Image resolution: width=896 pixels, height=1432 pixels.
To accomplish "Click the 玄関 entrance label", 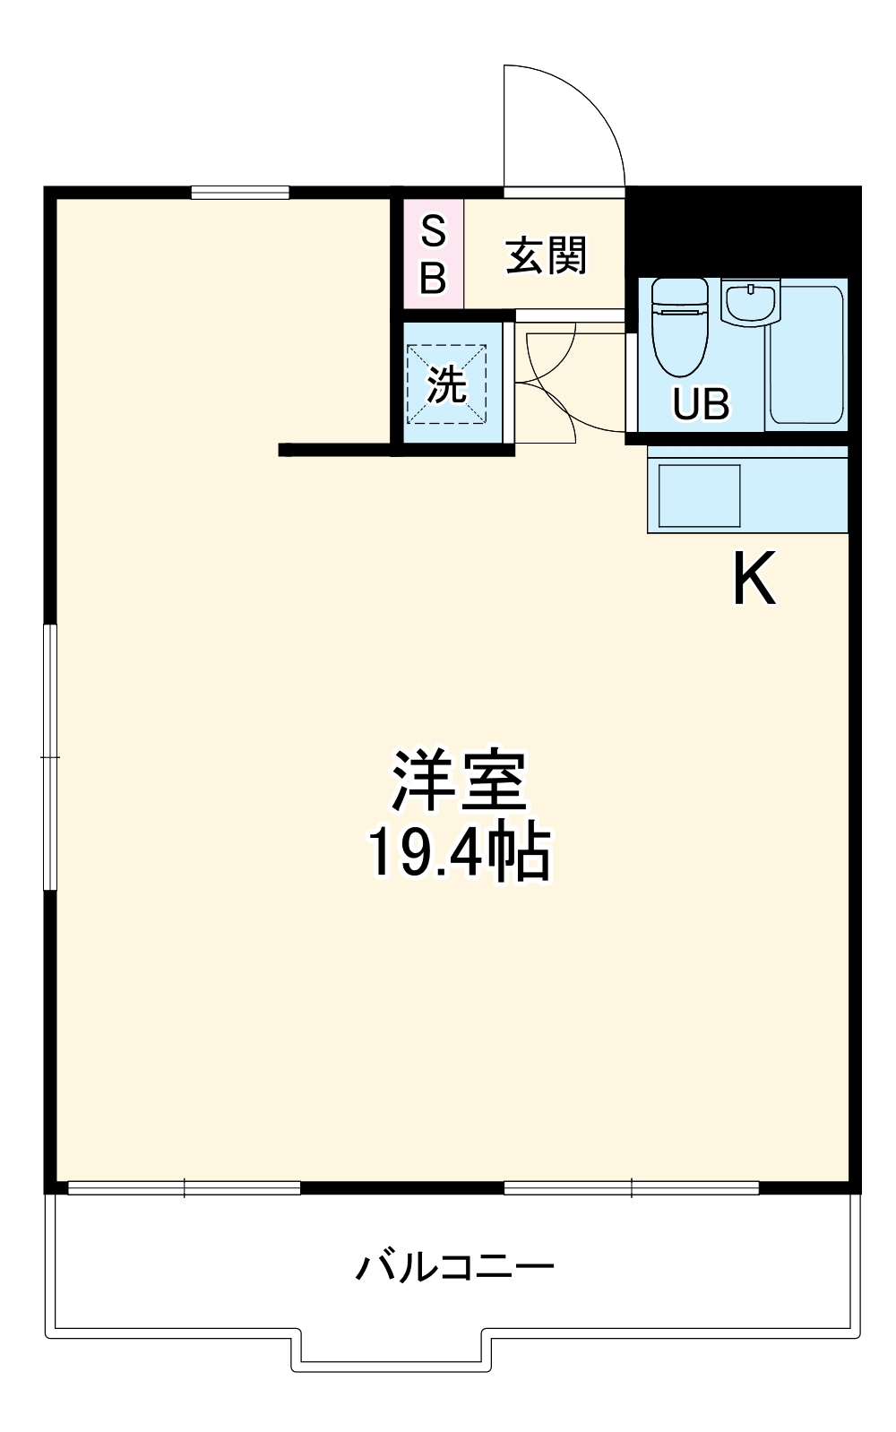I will tap(546, 256).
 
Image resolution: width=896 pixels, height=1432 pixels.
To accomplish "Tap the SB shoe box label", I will tap(433, 255).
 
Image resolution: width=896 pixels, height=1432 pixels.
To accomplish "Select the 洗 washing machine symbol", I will tap(446, 384).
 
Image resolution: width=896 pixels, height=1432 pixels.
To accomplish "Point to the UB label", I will tap(701, 404).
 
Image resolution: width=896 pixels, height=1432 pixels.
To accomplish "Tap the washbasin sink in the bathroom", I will tap(751, 302).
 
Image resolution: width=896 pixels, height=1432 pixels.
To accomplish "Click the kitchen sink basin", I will tap(700, 495).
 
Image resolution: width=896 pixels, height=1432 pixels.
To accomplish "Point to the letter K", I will tap(754, 581).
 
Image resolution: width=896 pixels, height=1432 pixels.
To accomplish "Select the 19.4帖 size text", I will tap(458, 852).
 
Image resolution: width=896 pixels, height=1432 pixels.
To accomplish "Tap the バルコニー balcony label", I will tap(455, 1267).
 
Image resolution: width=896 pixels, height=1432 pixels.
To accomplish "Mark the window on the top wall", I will tap(240, 192).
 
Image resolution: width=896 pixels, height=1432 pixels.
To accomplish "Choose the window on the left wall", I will tap(51, 757).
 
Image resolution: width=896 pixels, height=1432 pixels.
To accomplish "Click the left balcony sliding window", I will tap(185, 1188).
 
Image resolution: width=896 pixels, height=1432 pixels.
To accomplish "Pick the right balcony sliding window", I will tap(632, 1188).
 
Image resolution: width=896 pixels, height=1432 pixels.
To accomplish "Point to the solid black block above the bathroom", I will tap(742, 230).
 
